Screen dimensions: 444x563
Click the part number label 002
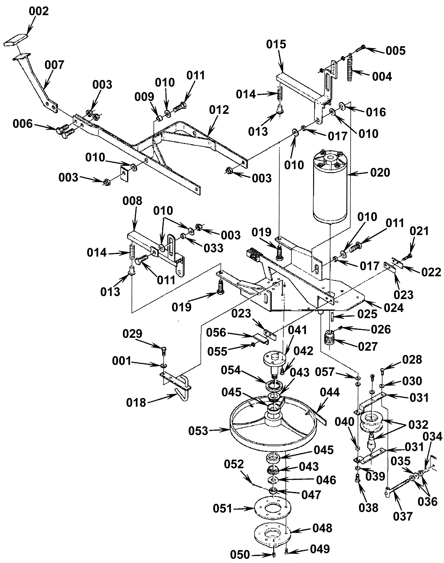[39, 11]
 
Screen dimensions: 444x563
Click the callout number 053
[198, 431]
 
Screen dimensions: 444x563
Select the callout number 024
[393, 307]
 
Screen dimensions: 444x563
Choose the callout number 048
[322, 528]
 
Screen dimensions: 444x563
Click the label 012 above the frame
[219, 110]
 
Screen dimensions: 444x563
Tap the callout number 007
[54, 65]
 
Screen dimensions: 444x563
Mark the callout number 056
[216, 332]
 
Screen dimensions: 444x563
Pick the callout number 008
[132, 201]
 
